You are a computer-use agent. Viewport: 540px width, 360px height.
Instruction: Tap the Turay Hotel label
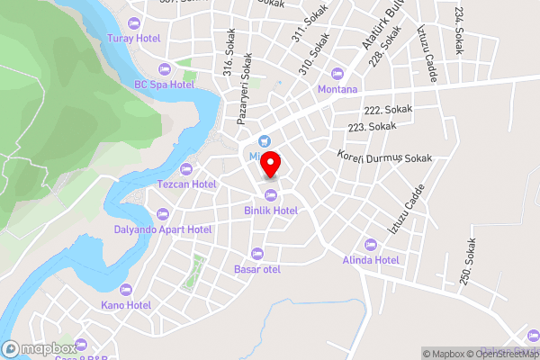pos(133,38)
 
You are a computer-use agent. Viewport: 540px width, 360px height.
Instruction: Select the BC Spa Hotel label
pos(164,84)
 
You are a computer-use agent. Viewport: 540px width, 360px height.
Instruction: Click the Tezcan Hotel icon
pos(187,169)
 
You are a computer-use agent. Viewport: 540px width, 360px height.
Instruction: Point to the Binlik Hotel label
pos(271,210)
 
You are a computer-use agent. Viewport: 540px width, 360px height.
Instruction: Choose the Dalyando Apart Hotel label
pos(163,229)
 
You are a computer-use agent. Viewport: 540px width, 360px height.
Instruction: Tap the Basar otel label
pos(257,269)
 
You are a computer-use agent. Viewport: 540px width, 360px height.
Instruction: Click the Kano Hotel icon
pos(125,290)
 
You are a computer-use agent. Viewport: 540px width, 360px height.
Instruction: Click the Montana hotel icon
pos(337,74)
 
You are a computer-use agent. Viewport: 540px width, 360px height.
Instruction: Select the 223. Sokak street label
pos(371,127)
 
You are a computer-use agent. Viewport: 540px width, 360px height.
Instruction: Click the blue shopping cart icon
pos(264,140)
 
